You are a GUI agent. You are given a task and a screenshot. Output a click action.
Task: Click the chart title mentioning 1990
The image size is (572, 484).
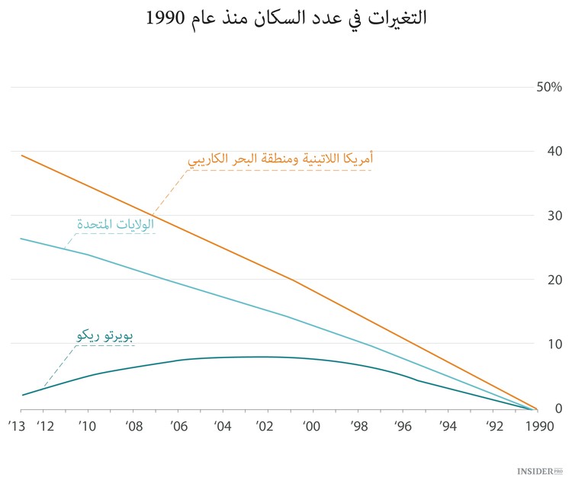pyautogui.click(x=286, y=18)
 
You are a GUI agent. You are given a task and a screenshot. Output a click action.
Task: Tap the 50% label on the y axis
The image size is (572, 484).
pyautogui.click(x=549, y=87)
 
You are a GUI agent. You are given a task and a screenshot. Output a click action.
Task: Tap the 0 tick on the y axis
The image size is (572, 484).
pyautogui.click(x=558, y=409)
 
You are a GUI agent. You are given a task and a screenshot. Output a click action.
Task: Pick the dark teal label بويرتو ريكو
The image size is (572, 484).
pyautogui.click(x=104, y=336)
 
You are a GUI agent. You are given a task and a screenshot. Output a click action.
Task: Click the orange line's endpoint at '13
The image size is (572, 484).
pyautogui.click(x=23, y=155)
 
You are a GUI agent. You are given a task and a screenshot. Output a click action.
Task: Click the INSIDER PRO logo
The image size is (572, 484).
pyautogui.click(x=539, y=473)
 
